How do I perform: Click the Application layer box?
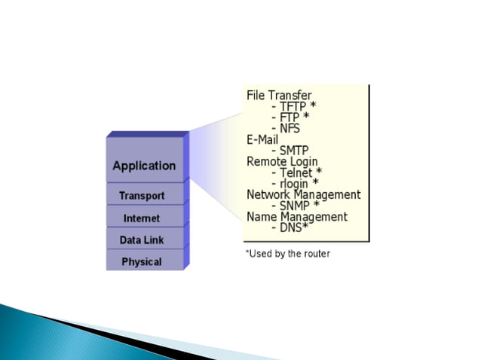[144, 166]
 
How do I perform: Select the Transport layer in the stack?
[142, 196]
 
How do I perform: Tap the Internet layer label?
[142, 218]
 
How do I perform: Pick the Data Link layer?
[142, 240]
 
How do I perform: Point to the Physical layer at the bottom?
[142, 262]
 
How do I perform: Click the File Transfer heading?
[279, 96]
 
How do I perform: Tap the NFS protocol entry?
[290, 128]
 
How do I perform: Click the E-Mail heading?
[263, 139]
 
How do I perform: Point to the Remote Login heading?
[282, 161]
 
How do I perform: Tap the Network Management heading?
[303, 194]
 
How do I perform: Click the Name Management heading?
[297, 216]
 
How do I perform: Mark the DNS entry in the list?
[291, 227]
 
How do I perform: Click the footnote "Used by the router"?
[288, 254]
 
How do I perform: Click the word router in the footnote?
[317, 254]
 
